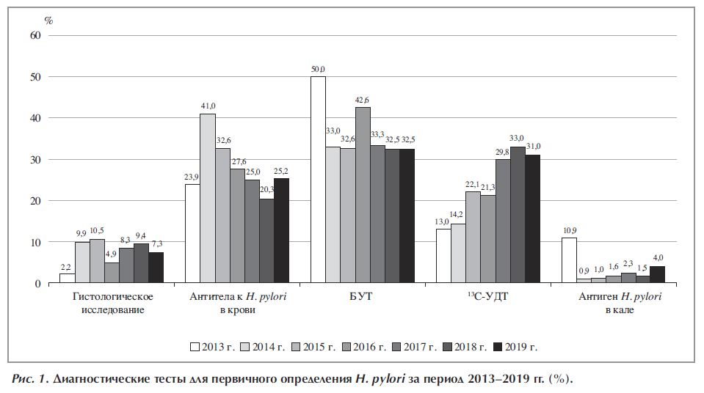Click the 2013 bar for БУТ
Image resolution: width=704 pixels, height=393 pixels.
tap(318, 180)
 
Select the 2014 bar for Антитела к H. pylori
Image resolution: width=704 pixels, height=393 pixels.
tap(208, 198)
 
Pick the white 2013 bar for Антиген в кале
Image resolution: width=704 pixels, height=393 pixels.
tap(569, 260)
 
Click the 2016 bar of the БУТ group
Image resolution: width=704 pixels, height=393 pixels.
tap(363, 195)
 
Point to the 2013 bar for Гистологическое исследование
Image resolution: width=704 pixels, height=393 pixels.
tap(67, 278)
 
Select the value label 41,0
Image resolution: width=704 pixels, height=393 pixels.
tap(208, 106)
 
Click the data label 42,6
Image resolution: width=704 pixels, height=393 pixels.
tap(363, 100)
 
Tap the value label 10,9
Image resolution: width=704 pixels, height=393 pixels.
tap(569, 230)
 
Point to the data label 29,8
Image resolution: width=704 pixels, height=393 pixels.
tap(502, 153)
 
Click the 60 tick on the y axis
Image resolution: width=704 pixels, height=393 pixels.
tap(35, 35)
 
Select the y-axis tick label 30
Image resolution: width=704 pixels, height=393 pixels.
tap(35, 160)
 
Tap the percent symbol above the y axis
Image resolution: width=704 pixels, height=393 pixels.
tap(48, 20)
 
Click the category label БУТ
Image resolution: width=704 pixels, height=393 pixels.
tap(362, 296)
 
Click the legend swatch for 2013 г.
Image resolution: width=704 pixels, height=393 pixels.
tap(195, 345)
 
